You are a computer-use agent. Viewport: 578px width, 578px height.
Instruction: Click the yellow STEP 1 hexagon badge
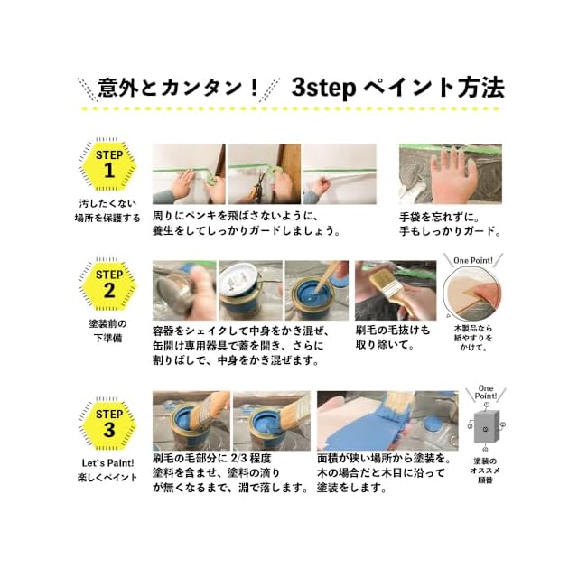[x=108, y=164]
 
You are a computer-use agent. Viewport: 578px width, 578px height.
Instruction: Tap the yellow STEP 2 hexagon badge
[x=108, y=284]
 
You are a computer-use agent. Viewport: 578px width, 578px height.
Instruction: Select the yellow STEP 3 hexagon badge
[x=108, y=424]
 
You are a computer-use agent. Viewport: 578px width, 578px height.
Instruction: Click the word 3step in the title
[x=323, y=88]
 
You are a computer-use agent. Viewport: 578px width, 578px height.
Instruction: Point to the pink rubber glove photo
[x=450, y=174]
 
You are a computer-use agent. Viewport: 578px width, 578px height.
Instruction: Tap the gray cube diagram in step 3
[x=486, y=427]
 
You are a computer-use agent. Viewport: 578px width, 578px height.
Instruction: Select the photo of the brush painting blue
[x=387, y=421]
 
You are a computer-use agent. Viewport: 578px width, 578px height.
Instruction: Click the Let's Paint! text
[x=107, y=463]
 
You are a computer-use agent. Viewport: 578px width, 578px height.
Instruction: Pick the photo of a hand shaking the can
[x=184, y=290]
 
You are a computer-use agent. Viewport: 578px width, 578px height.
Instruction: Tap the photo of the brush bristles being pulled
[x=396, y=290]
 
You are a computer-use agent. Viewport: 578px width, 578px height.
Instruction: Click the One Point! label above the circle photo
[x=472, y=260]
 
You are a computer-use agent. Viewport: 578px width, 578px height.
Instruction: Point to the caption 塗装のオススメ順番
[x=485, y=471]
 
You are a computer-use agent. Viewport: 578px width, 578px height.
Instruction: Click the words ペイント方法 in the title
[x=434, y=88]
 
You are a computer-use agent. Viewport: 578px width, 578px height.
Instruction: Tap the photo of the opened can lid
[x=251, y=290]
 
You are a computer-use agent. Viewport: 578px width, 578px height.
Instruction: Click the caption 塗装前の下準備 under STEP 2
[x=107, y=331]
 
